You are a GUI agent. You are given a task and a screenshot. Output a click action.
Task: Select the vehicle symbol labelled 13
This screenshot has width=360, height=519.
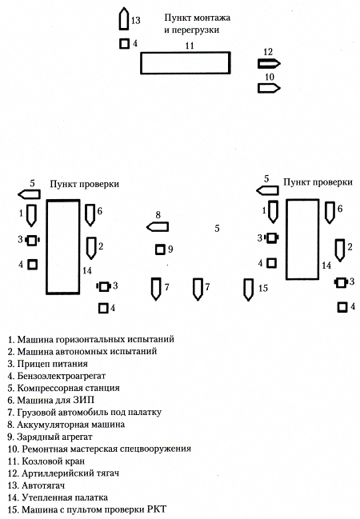tap(124, 18)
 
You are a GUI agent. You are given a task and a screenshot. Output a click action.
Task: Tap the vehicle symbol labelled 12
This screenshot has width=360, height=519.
tap(269, 63)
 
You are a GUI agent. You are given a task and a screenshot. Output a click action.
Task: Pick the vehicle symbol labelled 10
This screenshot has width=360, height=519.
tap(269, 88)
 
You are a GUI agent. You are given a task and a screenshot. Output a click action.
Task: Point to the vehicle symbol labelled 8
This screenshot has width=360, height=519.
tap(158, 227)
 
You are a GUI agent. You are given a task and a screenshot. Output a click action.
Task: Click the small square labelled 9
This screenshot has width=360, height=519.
tap(160, 250)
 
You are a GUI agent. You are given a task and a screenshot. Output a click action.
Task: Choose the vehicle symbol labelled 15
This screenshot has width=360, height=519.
tap(248, 289)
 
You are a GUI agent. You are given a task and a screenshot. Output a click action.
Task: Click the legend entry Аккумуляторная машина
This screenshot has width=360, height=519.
tap(71, 425)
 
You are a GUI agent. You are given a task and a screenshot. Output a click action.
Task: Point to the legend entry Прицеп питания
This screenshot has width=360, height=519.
tap(52, 364)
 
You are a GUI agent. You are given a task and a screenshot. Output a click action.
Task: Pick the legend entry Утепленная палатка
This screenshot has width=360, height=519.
tap(65, 497)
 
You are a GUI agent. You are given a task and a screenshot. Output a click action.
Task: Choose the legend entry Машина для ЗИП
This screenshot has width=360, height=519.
tap(56, 400)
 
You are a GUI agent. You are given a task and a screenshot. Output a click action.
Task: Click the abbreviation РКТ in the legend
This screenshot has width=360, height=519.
tap(157, 509)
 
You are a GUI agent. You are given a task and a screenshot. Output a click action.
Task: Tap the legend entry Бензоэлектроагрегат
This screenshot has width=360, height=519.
tap(62, 376)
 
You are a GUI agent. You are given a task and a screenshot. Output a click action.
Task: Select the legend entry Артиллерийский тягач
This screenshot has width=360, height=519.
tap(70, 473)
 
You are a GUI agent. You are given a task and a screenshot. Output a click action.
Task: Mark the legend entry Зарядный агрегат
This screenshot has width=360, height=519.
tap(54, 437)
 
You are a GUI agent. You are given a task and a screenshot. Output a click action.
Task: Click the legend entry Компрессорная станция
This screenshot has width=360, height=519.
tap(68, 388)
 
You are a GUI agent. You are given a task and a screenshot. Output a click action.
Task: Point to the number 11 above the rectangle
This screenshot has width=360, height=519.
tap(190, 46)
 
